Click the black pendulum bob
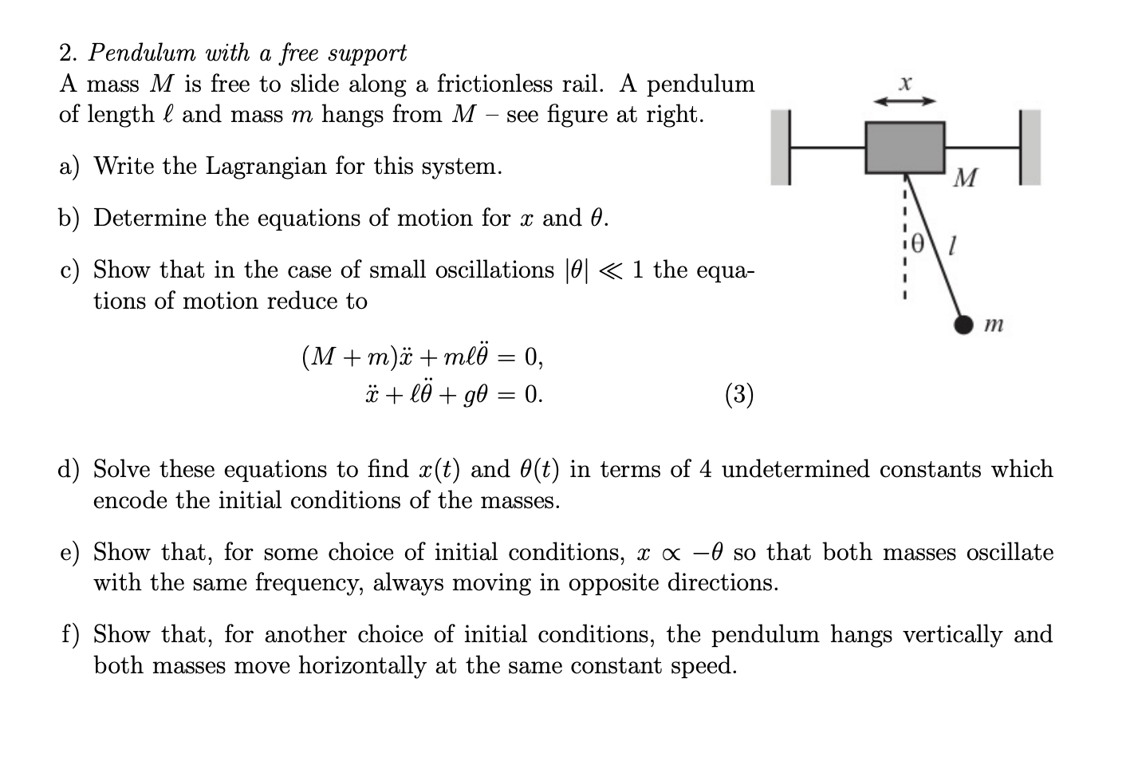[965, 324]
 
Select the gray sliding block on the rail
[905, 147]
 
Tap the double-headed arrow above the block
[904, 101]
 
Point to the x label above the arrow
[904, 83]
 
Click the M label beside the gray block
[965, 178]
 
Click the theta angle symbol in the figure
[918, 241]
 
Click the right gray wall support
[1030, 148]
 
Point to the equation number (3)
[739, 394]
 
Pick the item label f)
[70, 634]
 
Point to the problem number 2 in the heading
[67, 53]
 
